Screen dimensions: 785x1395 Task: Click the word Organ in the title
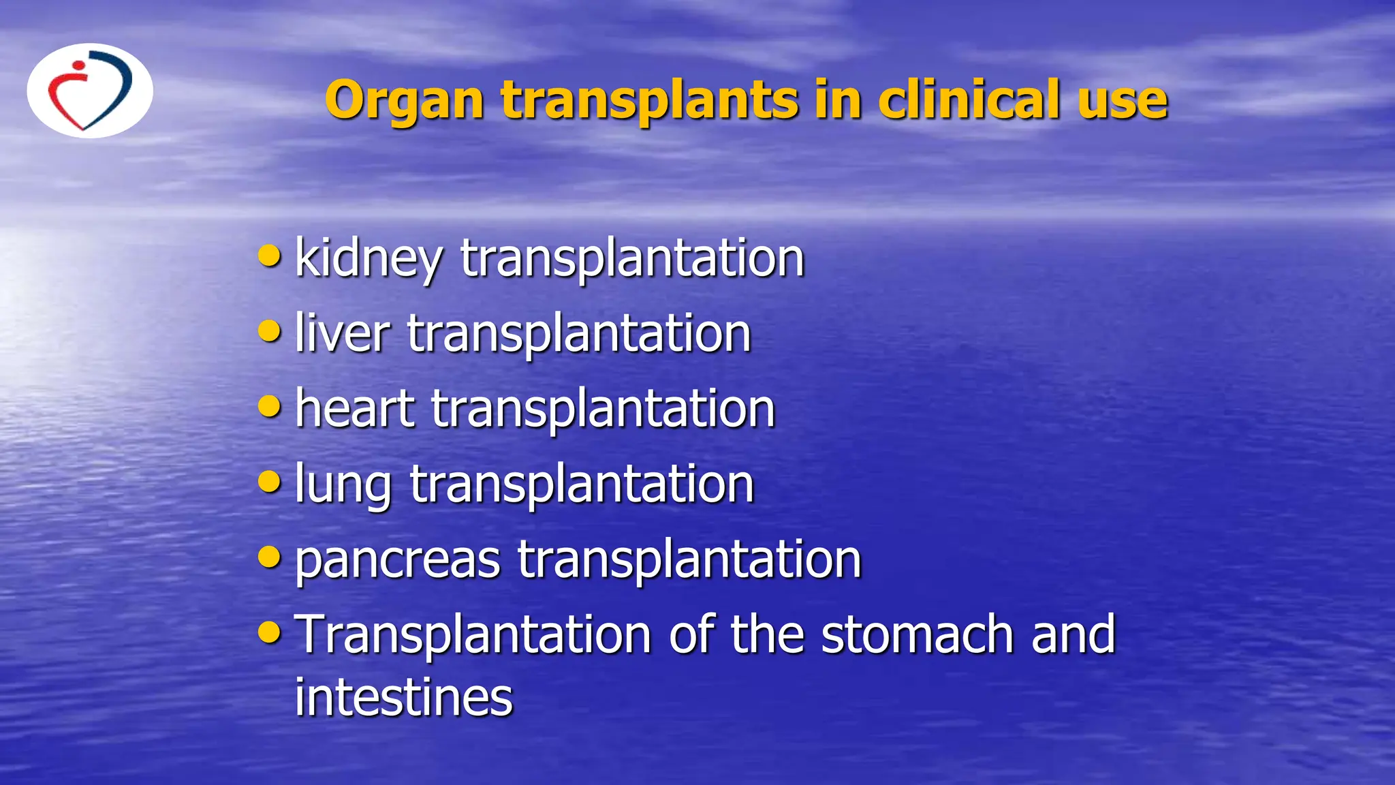pyautogui.click(x=405, y=101)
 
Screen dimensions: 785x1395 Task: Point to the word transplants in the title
pyautogui.click(x=650, y=101)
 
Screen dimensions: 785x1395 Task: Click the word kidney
pyautogui.click(x=369, y=259)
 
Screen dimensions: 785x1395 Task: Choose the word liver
pyautogui.click(x=342, y=333)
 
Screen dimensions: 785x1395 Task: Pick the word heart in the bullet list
pyautogui.click(x=355, y=408)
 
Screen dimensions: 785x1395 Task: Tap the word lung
pyautogui.click(x=343, y=484)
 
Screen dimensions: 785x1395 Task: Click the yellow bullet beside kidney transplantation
pyautogui.click(x=270, y=256)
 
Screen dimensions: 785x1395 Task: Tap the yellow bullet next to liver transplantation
pyautogui.click(x=270, y=331)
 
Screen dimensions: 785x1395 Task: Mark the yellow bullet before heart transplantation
pyautogui.click(x=270, y=406)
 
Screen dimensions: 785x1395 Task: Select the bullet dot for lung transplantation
pyautogui.click(x=270, y=482)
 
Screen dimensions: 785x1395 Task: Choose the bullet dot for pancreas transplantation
pyautogui.click(x=270, y=557)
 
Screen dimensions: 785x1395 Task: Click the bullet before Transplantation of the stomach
pyautogui.click(x=270, y=632)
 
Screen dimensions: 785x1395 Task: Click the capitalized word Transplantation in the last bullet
pyautogui.click(x=473, y=634)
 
